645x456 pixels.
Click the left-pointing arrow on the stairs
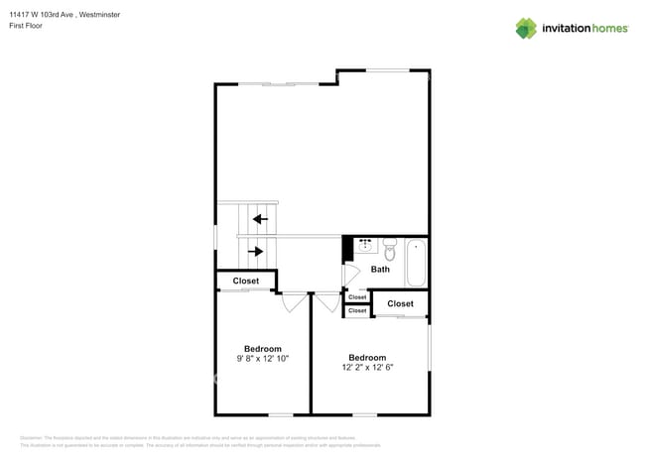click(260, 219)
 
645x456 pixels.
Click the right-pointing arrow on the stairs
click(256, 252)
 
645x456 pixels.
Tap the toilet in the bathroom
click(389, 249)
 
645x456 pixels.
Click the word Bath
click(380, 269)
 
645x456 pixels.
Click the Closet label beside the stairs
click(246, 282)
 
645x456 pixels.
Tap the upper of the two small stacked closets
click(357, 297)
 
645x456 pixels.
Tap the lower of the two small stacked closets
click(357, 311)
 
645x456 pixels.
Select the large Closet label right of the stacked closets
click(401, 303)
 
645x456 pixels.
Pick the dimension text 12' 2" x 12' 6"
click(367, 368)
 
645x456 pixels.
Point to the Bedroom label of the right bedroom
click(367, 357)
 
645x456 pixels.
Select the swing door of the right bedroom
click(326, 302)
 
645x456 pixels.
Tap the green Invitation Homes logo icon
click(526, 29)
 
